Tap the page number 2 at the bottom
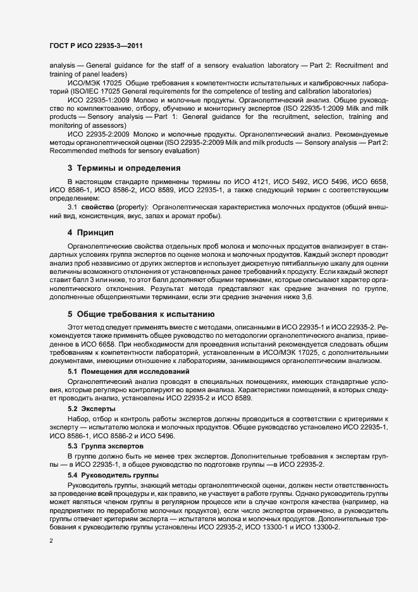51,541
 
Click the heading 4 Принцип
94,233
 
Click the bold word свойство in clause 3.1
97,207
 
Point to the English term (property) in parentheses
132,207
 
